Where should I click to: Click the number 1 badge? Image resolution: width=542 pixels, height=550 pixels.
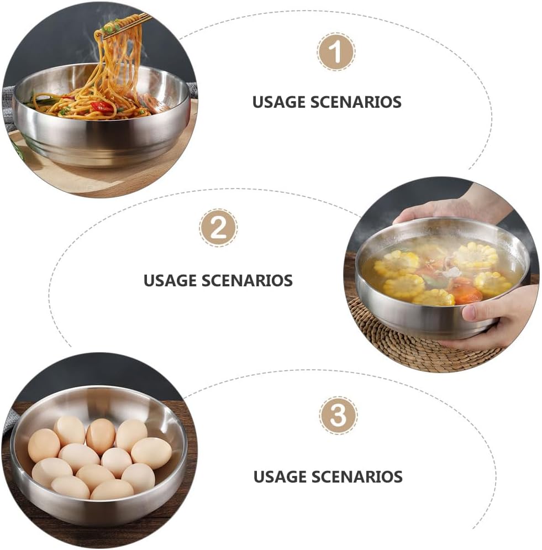[x=336, y=52]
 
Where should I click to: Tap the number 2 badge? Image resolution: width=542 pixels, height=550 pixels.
[x=218, y=228]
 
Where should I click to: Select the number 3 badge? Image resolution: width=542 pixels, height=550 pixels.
[x=338, y=416]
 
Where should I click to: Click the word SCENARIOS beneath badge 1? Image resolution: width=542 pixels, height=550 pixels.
[x=356, y=102]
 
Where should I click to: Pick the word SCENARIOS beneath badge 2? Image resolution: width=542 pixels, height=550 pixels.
[x=247, y=281]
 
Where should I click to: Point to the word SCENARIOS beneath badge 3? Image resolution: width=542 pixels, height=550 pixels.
[x=357, y=476]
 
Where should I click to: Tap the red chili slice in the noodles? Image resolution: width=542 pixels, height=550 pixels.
[x=101, y=107]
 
